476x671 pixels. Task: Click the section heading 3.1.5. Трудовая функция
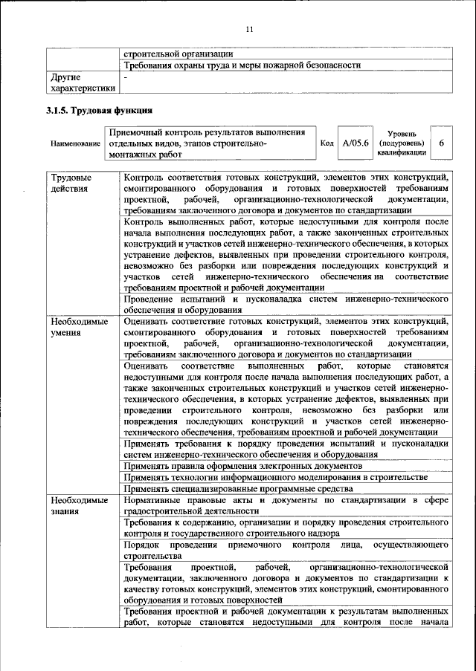(x=100, y=110)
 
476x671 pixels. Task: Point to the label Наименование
(x=75, y=143)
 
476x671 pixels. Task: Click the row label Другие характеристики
(x=82, y=82)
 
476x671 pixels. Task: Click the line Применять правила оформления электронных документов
(x=242, y=465)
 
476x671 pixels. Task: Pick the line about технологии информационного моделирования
(x=275, y=476)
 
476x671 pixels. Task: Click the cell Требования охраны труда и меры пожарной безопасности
(x=242, y=65)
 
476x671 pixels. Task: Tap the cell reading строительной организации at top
(x=178, y=54)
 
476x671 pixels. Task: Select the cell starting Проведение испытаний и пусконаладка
(x=286, y=304)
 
